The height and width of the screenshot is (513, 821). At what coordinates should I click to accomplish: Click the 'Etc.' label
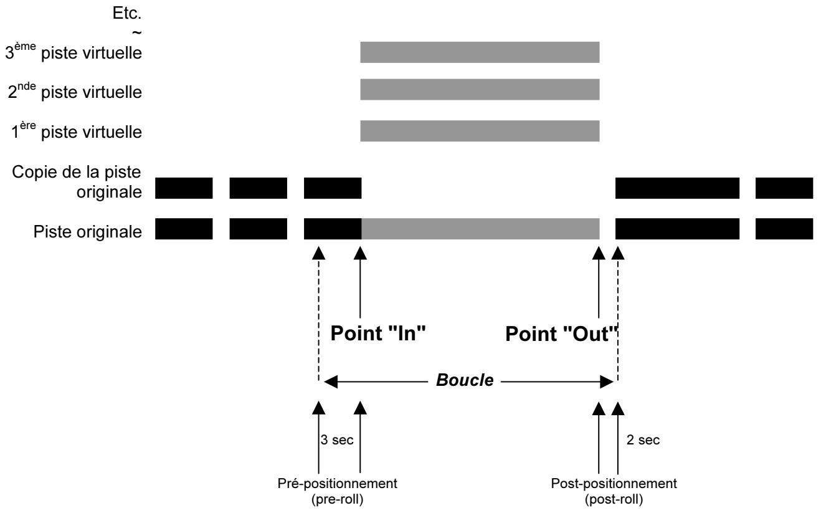127,14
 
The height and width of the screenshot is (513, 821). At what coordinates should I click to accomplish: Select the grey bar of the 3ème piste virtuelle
480,52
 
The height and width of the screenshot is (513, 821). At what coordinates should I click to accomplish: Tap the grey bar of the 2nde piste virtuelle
480,90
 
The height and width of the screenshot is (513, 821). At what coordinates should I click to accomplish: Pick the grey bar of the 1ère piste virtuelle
480,131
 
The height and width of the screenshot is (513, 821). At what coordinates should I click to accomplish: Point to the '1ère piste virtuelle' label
77,131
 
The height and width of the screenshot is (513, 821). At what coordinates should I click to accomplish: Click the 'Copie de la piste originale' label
77,182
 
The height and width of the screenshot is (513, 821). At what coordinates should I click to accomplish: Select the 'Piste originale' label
88,232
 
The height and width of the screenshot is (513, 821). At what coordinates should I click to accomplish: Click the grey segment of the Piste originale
480,229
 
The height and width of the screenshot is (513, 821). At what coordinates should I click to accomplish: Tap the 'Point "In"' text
378,333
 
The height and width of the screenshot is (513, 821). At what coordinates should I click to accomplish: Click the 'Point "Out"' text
562,333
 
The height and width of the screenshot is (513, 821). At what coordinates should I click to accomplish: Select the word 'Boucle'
465,380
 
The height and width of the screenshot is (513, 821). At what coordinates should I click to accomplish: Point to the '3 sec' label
337,440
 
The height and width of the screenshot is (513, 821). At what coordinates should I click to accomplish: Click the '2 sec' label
643,440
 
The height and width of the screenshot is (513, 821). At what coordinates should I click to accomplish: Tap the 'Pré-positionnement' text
338,484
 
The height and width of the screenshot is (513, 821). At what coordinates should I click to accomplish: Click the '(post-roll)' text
614,499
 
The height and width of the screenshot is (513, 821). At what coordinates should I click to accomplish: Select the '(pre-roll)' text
338,499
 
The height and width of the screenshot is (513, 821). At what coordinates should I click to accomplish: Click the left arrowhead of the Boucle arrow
330,382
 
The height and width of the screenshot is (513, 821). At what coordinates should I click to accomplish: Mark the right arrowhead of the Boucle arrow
607,382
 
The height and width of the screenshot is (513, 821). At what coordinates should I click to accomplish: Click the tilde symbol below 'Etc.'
136,32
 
